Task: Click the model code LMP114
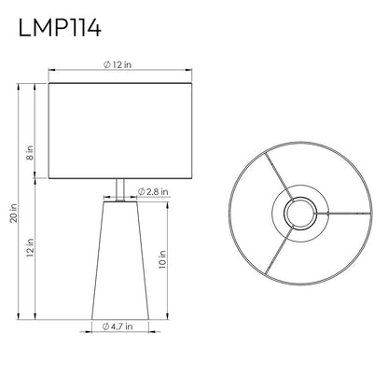60,28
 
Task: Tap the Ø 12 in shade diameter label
118,64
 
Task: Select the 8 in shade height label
30,153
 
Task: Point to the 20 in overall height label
14,214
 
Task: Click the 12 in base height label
30,247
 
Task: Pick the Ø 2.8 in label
153,191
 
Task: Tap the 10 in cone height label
162,259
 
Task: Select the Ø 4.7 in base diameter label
118,326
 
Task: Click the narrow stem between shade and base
120,190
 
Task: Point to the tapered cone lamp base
120,260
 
